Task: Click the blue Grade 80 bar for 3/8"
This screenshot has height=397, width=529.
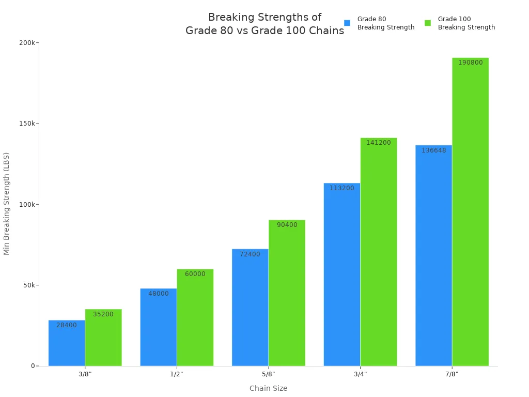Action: click(67, 344)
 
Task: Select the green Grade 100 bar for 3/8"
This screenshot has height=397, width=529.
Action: click(103, 339)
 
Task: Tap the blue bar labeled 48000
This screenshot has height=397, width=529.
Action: click(158, 328)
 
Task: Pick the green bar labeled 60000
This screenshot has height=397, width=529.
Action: click(195, 318)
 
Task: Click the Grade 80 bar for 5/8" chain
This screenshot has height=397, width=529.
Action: click(250, 308)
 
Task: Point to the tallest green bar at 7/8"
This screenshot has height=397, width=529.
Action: click(470, 212)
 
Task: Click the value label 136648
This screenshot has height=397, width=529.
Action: click(433, 150)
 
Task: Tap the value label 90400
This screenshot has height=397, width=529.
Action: click(287, 225)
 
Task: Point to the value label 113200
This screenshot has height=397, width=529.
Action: click(341, 188)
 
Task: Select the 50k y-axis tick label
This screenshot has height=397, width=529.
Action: click(29, 285)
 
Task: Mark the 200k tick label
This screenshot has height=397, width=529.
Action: click(27, 42)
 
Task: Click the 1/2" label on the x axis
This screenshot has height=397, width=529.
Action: click(177, 374)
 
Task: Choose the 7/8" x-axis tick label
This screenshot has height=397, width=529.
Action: click(452, 374)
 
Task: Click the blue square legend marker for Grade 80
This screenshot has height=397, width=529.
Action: click(347, 23)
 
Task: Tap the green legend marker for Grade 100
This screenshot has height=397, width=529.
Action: click(428, 23)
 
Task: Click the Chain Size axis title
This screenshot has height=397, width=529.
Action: click(268, 388)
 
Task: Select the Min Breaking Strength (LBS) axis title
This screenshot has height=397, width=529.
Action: click(7, 204)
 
